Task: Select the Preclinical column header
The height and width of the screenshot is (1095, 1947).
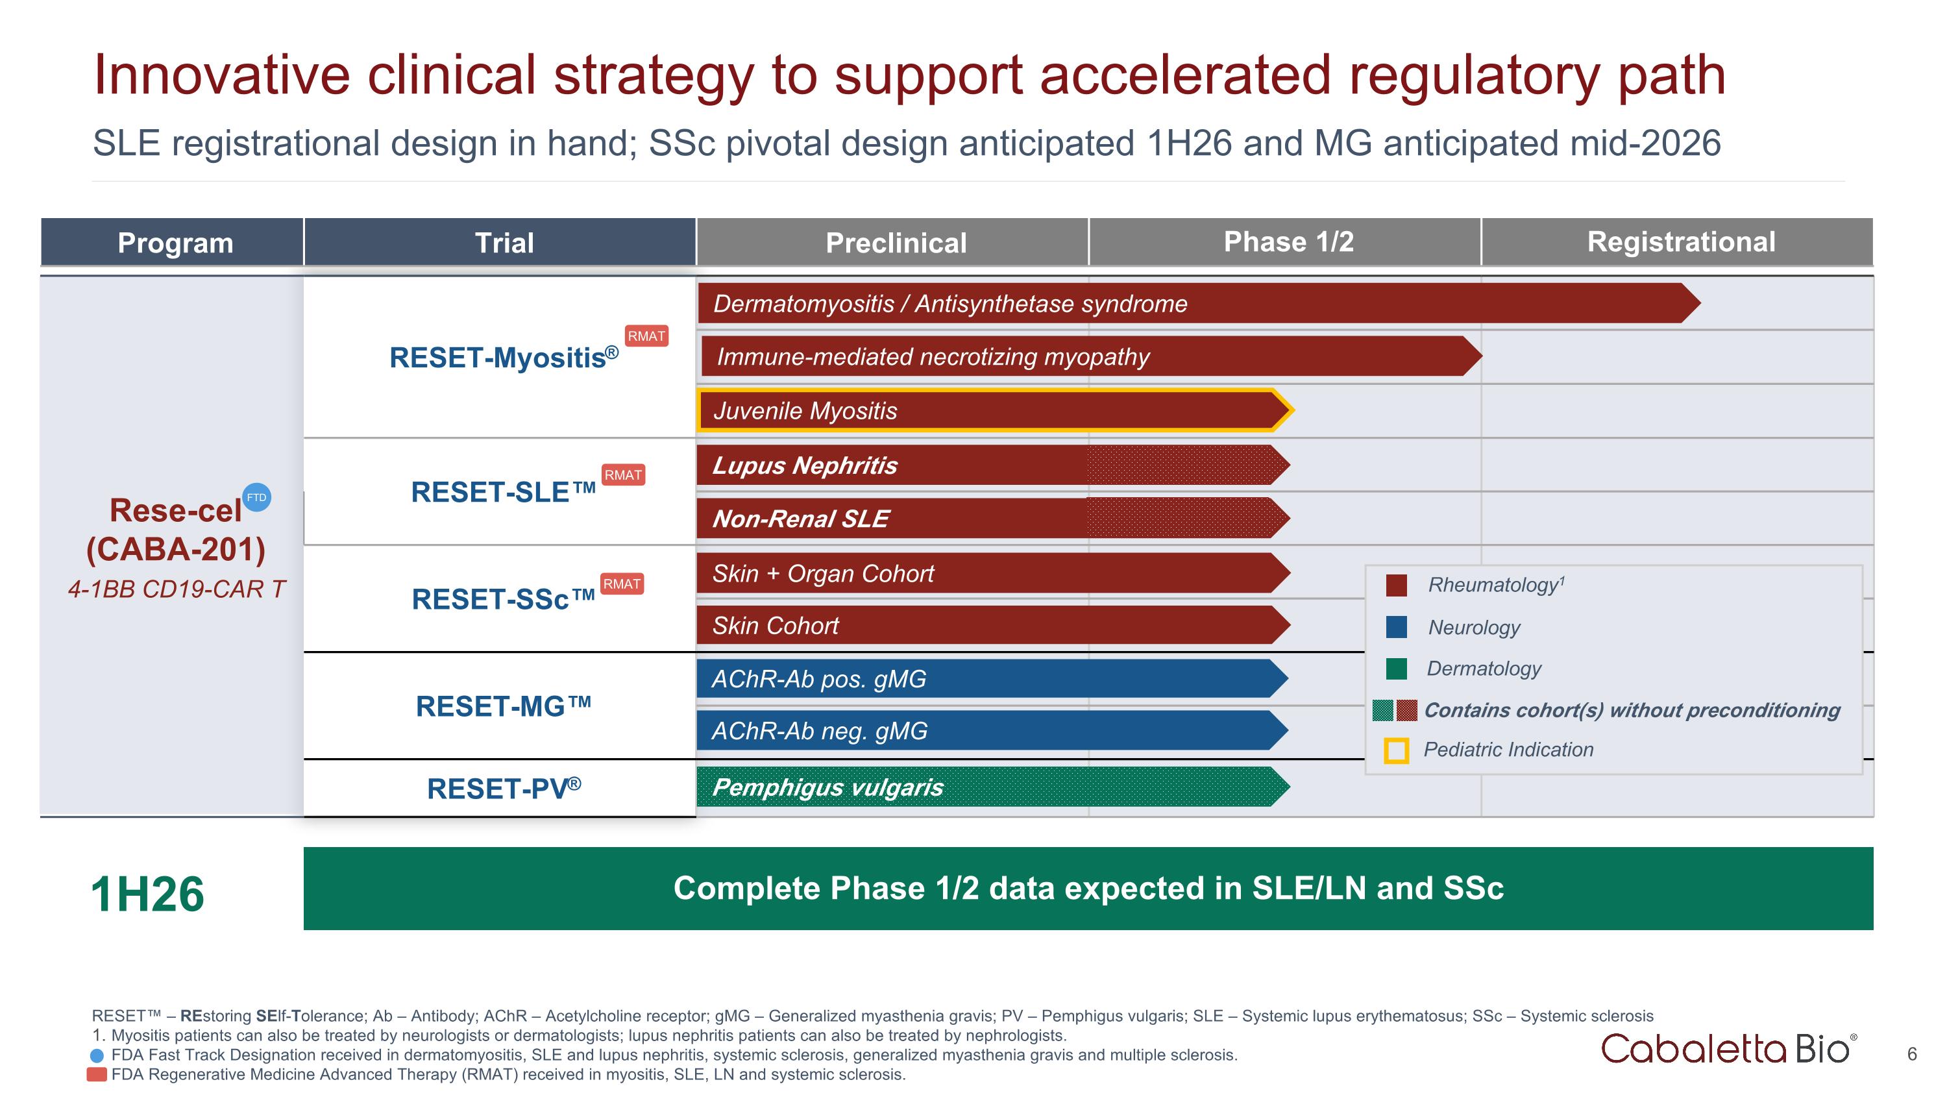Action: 895,243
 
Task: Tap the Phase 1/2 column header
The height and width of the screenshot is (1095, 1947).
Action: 1288,242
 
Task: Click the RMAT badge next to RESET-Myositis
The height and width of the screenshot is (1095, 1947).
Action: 646,336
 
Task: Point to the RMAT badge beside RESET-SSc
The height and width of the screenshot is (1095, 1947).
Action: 621,584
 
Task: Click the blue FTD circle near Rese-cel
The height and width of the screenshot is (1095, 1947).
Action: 257,497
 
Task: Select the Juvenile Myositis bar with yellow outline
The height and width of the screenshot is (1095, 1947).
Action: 983,410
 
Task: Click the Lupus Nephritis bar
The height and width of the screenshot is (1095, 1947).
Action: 983,465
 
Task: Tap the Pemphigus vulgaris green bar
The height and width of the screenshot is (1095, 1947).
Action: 983,787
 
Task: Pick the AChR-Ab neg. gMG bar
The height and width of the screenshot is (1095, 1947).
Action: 983,731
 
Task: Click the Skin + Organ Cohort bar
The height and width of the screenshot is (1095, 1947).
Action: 983,574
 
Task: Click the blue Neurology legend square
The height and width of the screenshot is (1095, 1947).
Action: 1396,626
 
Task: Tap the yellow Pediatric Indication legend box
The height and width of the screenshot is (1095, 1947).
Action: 1395,750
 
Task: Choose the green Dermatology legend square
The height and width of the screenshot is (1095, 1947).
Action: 1396,668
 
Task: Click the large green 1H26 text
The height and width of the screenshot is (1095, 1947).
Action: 147,894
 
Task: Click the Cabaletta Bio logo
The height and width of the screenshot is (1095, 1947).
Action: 1728,1050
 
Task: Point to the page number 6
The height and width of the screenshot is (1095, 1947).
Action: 1911,1053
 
